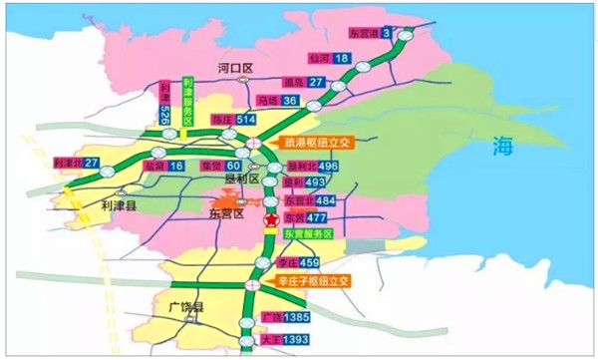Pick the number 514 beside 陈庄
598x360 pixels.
[x=246, y=120]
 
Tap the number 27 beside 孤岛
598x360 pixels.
[x=316, y=82]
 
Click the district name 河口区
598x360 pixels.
[x=237, y=68]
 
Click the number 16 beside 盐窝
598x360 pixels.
[x=176, y=166]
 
